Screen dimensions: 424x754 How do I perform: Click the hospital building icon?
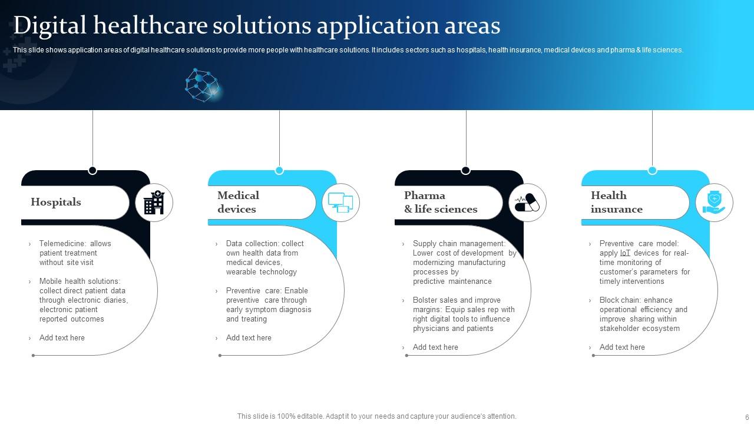[x=154, y=203]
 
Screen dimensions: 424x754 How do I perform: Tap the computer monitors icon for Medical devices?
[x=340, y=203]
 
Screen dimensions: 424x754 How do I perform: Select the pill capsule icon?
[x=527, y=203]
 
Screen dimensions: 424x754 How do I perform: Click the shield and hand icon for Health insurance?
[x=714, y=203]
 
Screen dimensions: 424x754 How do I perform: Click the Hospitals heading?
[x=56, y=202]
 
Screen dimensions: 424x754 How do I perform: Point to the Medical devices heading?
[x=238, y=202]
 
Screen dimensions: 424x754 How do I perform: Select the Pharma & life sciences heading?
[x=441, y=202]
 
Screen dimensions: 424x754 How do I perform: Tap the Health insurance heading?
[x=616, y=202]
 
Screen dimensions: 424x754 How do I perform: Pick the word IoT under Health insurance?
[x=625, y=253]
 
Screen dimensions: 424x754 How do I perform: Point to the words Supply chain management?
[x=458, y=244]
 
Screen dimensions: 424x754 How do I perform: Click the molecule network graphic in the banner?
[x=203, y=85]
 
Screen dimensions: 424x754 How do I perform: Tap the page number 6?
[x=747, y=417]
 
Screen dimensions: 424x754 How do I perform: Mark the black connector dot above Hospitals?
[x=92, y=171]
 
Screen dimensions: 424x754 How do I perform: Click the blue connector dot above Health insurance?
[x=652, y=171]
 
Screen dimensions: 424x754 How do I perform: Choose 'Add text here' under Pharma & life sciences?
[x=435, y=347]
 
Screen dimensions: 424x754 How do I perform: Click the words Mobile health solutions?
[x=79, y=281]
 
